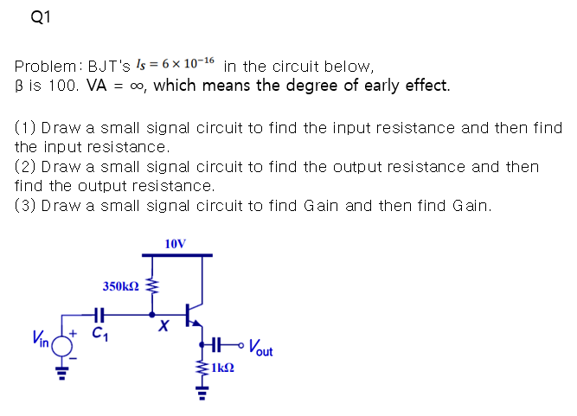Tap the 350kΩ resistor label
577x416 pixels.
pyautogui.click(x=121, y=286)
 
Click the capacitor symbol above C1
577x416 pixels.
pyautogui.click(x=99, y=315)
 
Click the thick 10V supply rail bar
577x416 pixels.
pyautogui.click(x=176, y=255)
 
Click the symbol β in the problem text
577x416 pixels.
pyautogui.click(x=19, y=86)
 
